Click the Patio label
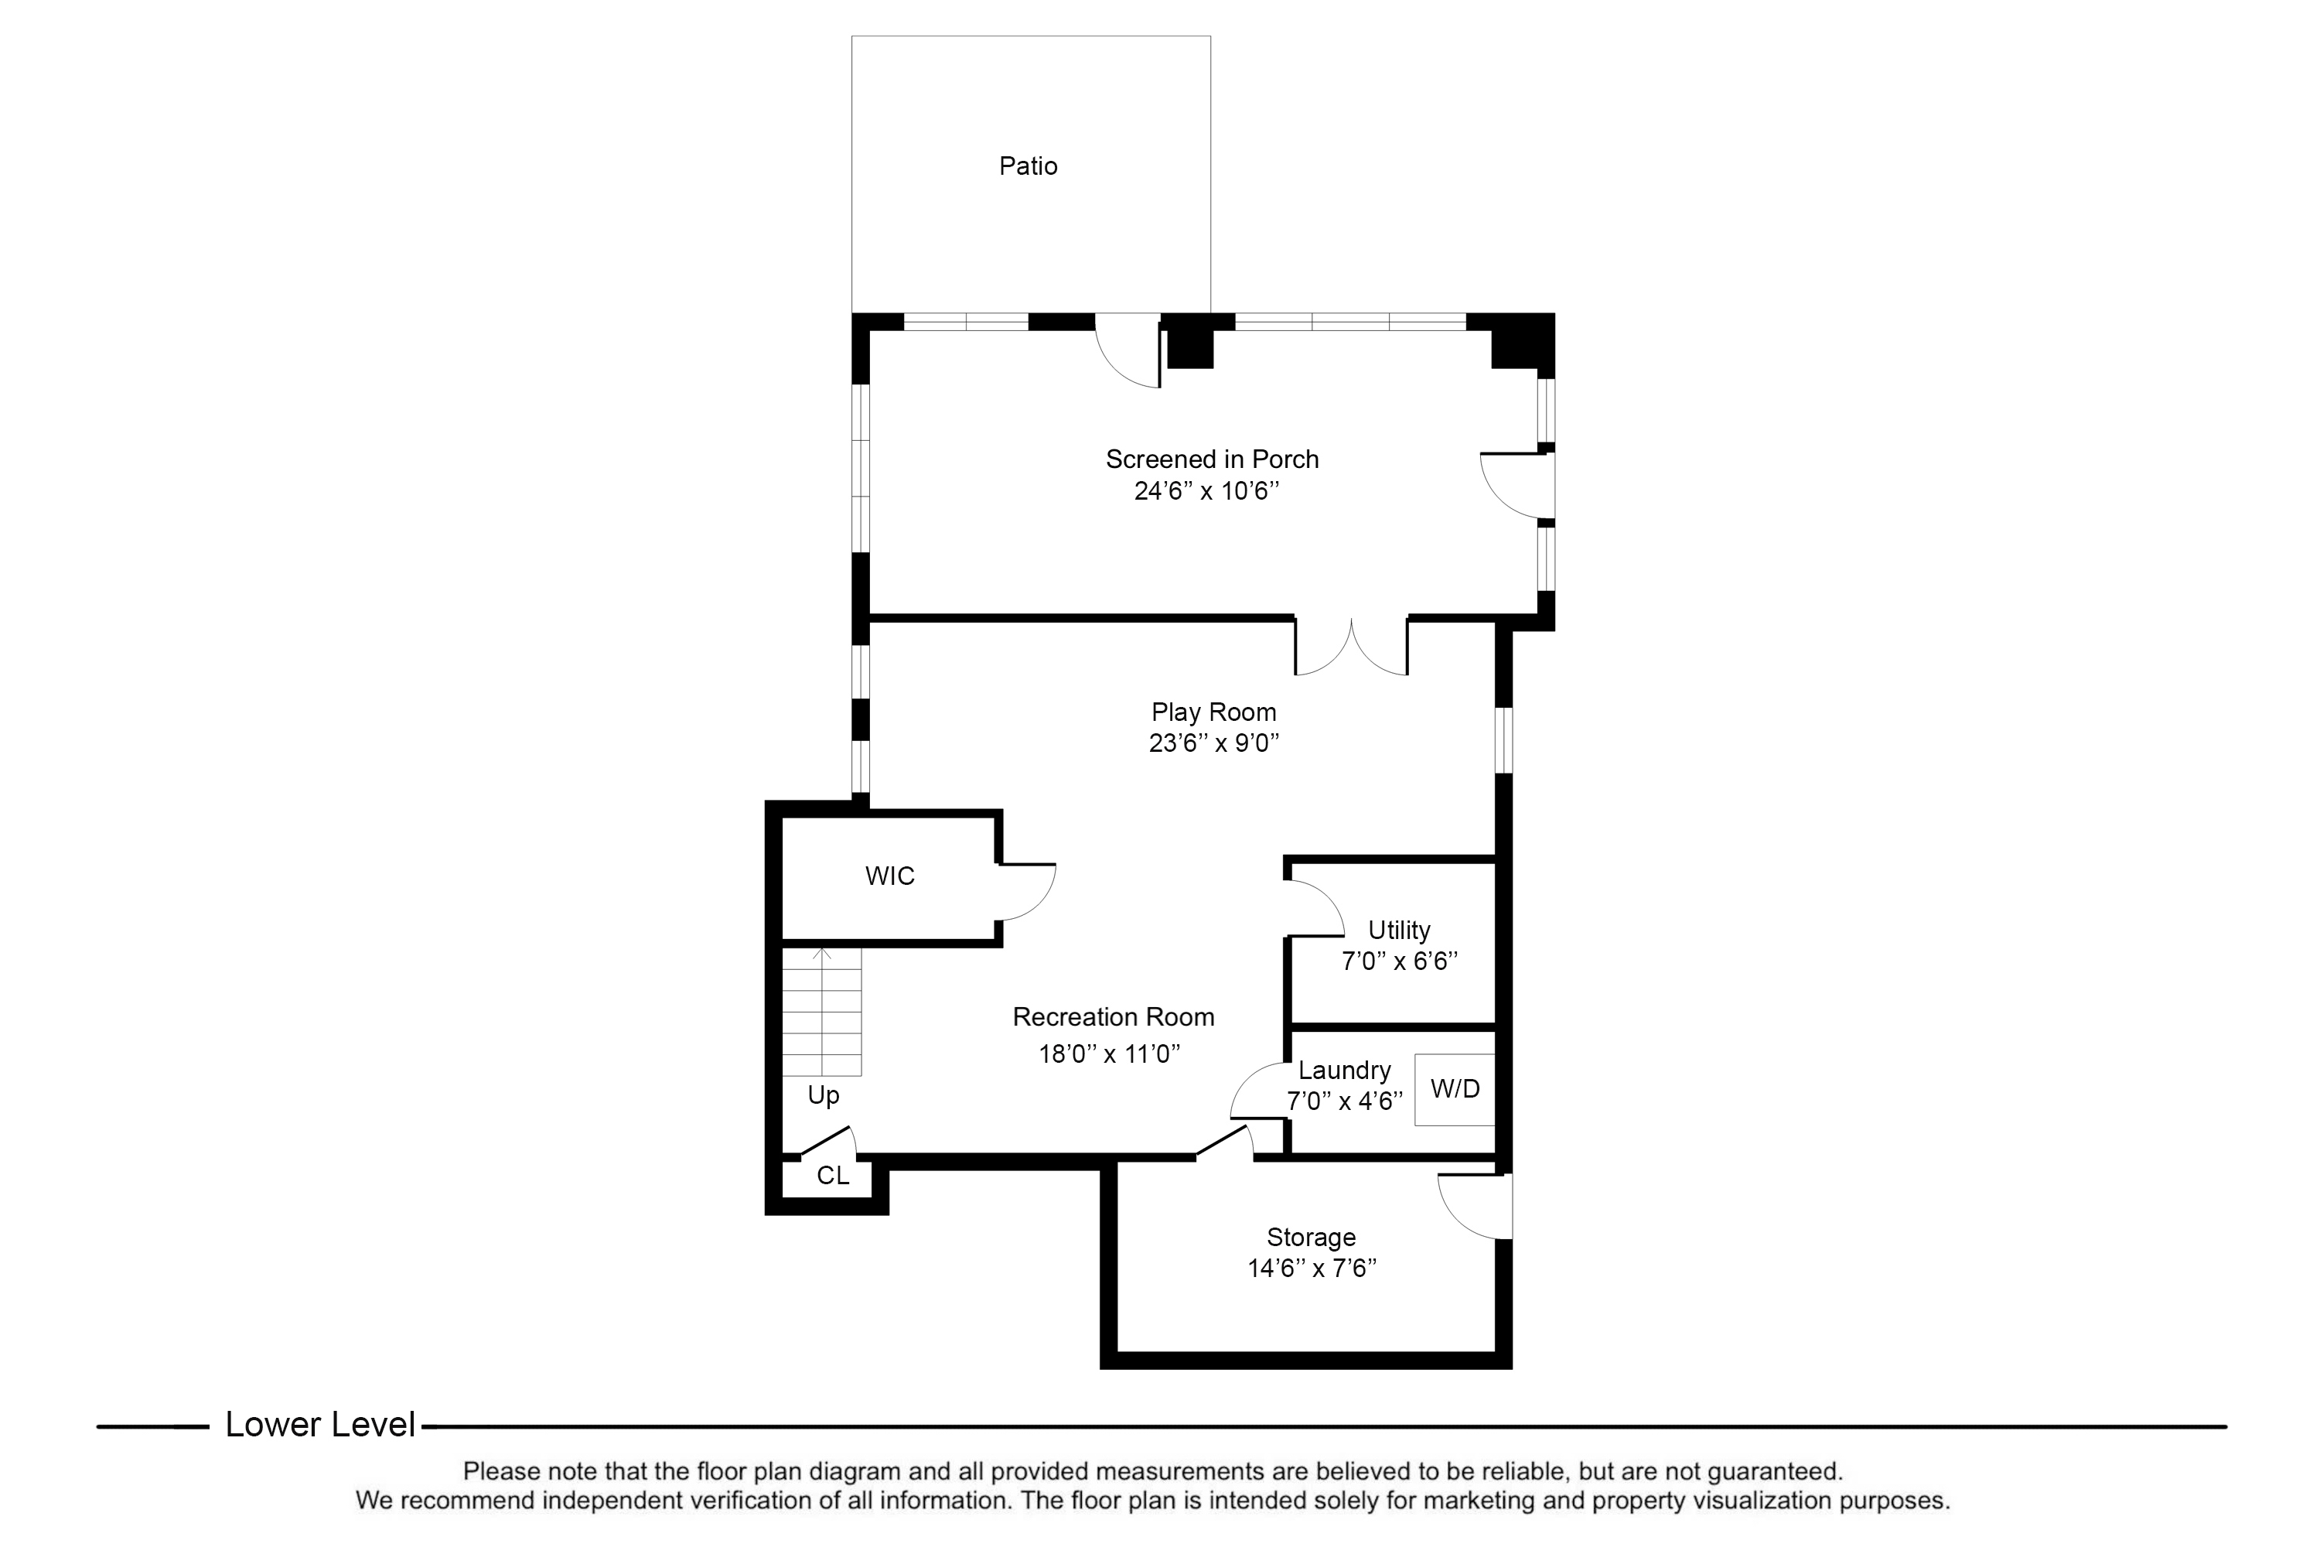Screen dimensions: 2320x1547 point(1028,166)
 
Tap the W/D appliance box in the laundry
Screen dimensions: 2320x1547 point(1455,1089)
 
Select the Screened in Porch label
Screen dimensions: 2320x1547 point(1213,459)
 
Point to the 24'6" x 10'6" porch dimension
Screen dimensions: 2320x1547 point(1206,490)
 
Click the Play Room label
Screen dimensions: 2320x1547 point(1213,712)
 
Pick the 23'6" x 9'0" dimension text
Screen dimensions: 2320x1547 point(1213,743)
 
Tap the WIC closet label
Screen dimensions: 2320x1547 point(890,876)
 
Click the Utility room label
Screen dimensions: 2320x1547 point(1399,931)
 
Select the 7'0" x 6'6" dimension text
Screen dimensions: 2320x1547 point(1399,961)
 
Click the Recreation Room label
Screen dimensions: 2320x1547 point(1114,1017)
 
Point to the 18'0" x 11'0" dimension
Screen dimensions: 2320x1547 point(1109,1054)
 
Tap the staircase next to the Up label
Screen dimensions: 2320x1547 point(821,1011)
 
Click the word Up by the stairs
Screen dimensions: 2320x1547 point(824,1095)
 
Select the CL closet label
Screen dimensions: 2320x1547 point(833,1176)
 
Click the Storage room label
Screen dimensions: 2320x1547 point(1311,1237)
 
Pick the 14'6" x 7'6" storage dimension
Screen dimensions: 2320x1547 point(1312,1268)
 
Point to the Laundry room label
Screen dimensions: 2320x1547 point(1345,1071)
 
